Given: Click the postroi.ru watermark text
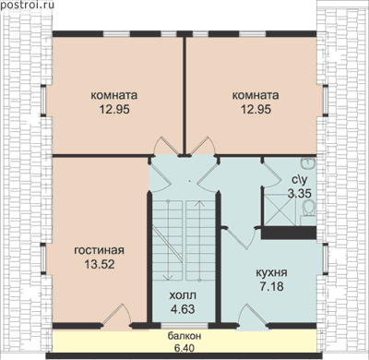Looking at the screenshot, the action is pos(28,5).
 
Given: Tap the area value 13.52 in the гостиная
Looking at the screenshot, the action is pos(100,264).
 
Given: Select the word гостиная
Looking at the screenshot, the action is pos(100,250).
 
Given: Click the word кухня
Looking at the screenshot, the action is pos(272,273).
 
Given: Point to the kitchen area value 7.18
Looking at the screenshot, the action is pos(272,286).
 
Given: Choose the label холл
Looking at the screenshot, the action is pos(183,295).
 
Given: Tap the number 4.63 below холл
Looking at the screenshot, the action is pos(183,309).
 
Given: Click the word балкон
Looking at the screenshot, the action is pos(184,336).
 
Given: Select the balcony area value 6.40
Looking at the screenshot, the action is pos(184,348).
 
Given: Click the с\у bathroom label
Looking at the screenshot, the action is pos(299,179).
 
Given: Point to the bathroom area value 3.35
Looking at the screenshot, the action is pos(300,193).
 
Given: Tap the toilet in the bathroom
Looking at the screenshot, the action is pos(309,209).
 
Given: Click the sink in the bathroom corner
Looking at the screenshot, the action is pos(307,162).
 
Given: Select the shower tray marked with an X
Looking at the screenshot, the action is pos(280,210).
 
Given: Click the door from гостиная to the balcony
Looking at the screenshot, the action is pos(117,316).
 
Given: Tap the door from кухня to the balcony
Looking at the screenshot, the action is pos(253,316).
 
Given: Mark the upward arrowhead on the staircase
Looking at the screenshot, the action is pos(200,204).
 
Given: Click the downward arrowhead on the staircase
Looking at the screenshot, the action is pos(168,277).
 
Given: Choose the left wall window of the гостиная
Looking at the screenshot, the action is pos(43,258).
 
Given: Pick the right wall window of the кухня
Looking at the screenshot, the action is pos(326,258).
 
